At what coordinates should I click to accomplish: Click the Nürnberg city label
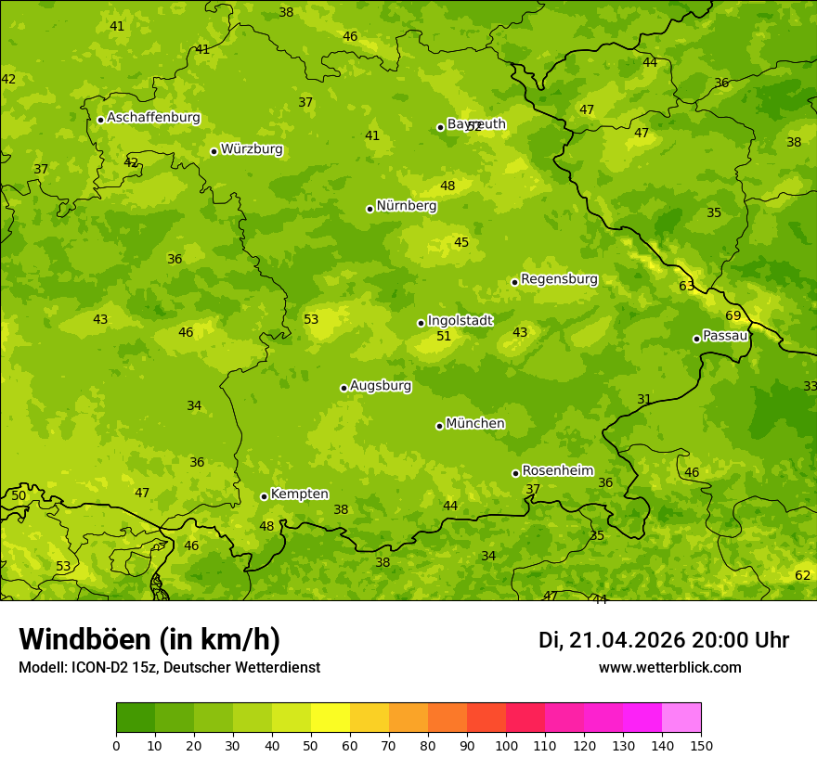coord(406,206)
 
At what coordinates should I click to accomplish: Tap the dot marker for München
coord(439,426)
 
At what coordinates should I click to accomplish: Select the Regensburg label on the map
coord(559,279)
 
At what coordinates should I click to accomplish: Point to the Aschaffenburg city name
coord(153,118)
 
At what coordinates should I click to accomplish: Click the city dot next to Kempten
coord(264,496)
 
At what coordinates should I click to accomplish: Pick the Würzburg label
coord(252,149)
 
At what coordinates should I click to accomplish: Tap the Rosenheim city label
coord(557,471)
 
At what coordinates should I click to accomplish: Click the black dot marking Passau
coord(696,339)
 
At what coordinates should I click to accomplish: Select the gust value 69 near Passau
coord(733,316)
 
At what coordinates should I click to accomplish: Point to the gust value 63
coord(686,286)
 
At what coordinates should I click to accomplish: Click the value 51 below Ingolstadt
coord(444,337)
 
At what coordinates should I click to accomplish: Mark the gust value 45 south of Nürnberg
coord(461,243)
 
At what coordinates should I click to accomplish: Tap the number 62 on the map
coord(803,575)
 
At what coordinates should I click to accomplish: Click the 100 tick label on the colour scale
coord(506,746)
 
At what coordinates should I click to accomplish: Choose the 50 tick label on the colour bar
coord(311,746)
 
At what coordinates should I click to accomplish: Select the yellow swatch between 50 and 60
coord(331,718)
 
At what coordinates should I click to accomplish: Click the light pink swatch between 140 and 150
coord(681,718)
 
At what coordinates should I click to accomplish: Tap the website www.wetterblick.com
coord(669,667)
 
